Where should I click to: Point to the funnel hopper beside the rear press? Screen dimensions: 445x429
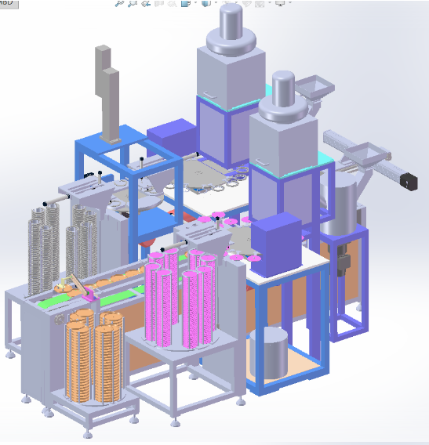(316, 88)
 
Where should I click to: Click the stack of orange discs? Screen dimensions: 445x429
(94, 353)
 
